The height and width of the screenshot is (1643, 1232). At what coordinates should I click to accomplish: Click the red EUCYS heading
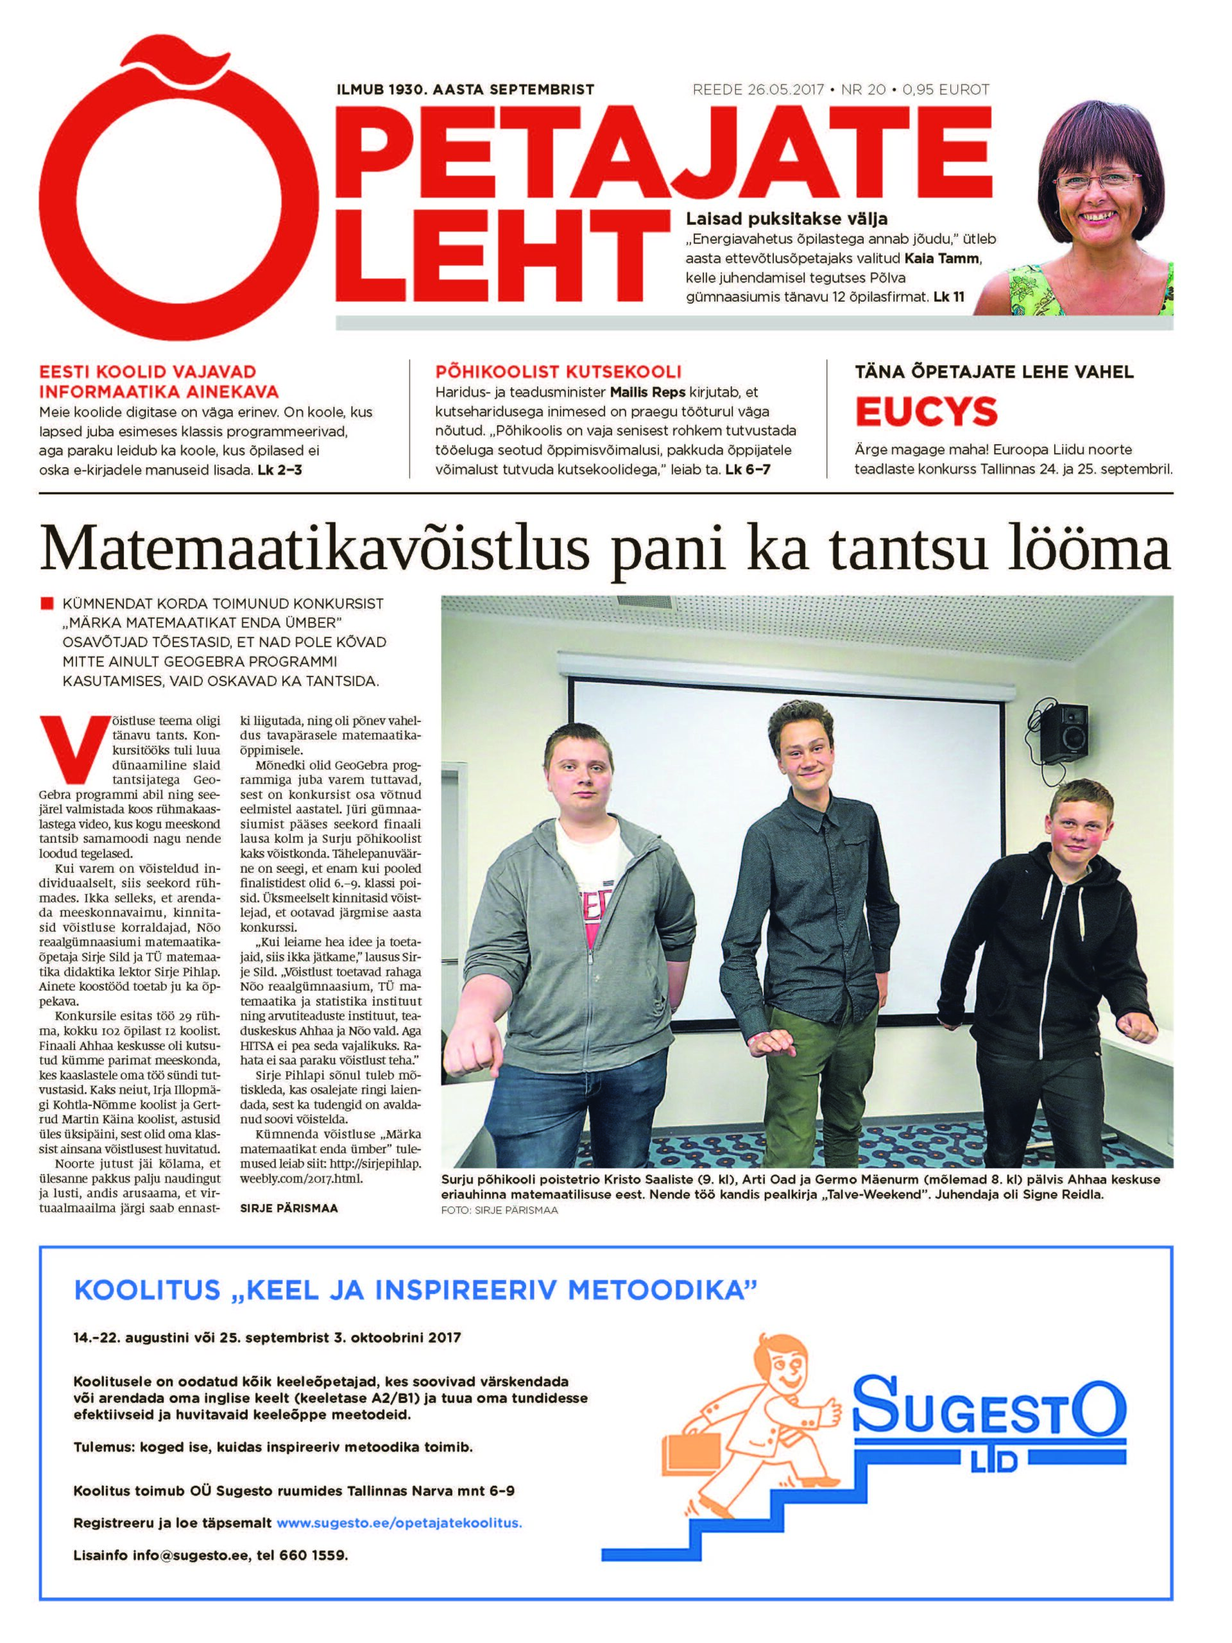pos(926,411)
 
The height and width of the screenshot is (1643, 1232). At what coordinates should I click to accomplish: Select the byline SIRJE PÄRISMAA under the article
pos(289,1209)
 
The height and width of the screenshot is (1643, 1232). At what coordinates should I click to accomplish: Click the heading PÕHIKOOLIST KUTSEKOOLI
pos(558,372)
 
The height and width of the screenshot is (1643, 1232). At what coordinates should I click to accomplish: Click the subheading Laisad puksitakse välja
pos(787,219)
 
